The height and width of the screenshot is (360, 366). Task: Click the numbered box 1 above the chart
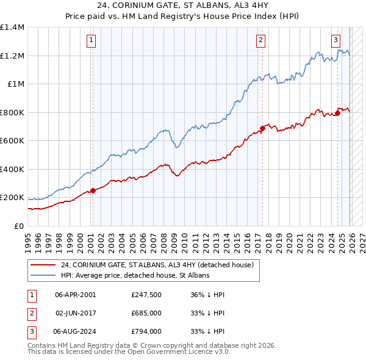click(x=90, y=40)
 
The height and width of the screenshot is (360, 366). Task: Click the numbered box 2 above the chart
click(x=260, y=40)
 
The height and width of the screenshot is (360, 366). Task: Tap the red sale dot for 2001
click(x=93, y=190)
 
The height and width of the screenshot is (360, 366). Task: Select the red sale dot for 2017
click(x=262, y=128)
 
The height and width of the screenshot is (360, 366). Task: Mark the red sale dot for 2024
click(x=337, y=113)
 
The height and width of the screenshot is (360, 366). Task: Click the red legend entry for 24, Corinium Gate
click(x=160, y=264)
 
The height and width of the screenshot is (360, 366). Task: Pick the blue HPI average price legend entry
click(x=135, y=275)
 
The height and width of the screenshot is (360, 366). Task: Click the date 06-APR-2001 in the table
click(x=76, y=295)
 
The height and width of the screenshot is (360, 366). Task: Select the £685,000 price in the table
click(x=146, y=313)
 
